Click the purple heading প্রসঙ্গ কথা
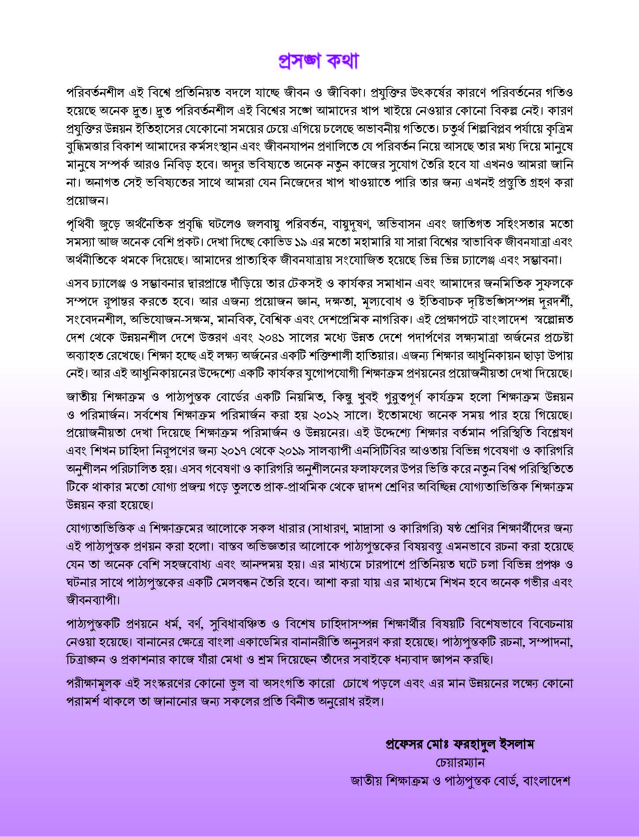tap(319, 61)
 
